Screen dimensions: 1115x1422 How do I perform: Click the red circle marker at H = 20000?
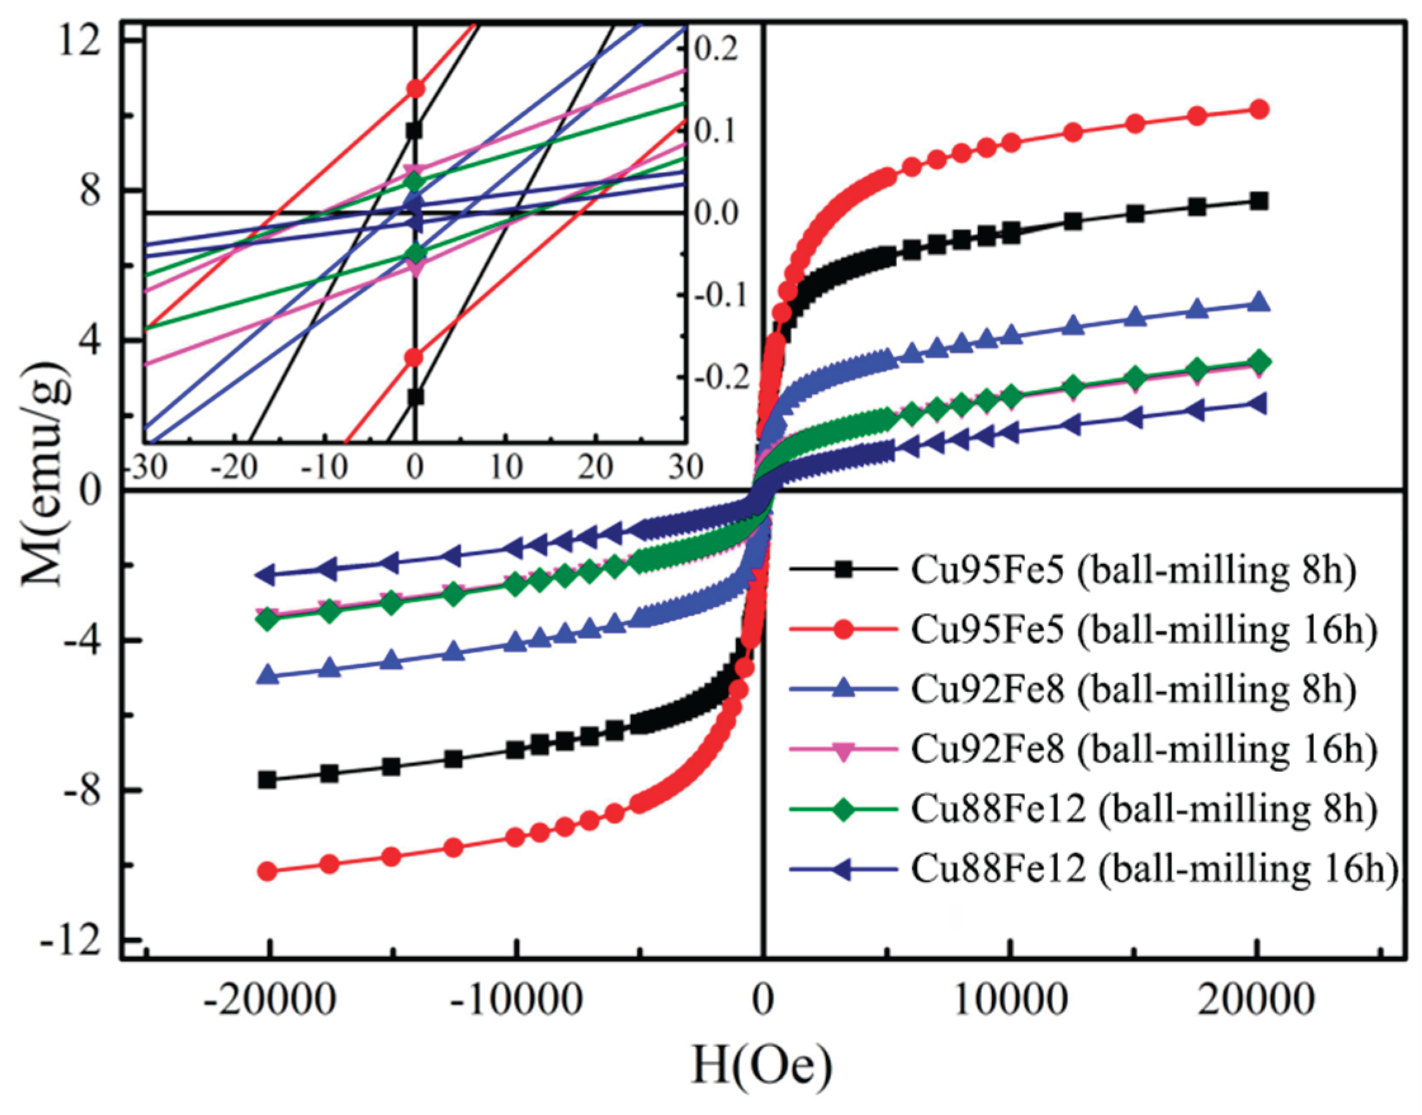pyautogui.click(x=1258, y=109)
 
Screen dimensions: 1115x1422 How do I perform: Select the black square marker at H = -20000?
pyautogui.click(x=267, y=780)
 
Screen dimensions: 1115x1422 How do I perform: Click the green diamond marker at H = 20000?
pyautogui.click(x=1258, y=362)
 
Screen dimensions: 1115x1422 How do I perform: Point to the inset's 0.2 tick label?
pyautogui.click(x=716, y=51)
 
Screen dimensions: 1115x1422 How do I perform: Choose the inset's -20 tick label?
pyautogui.click(x=233, y=467)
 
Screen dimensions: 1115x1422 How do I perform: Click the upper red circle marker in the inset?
pyautogui.click(x=415, y=89)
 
